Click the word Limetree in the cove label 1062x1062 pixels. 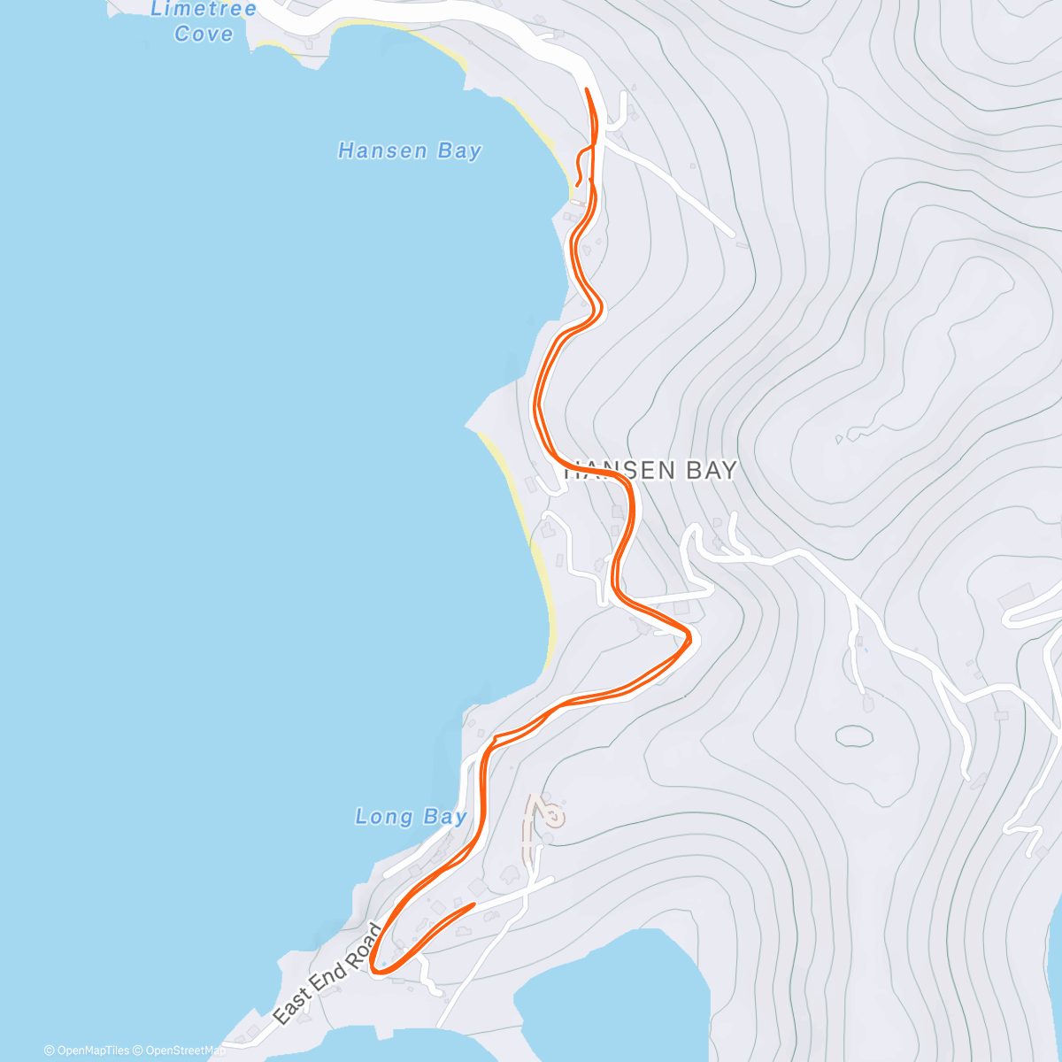click(204, 10)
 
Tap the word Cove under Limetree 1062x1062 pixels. click(204, 35)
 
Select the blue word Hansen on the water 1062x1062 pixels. click(382, 151)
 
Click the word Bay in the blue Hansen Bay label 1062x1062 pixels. click(459, 151)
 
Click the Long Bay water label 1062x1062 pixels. click(411, 816)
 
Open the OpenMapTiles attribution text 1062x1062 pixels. click(87, 1050)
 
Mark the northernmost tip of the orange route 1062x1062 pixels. click(587, 89)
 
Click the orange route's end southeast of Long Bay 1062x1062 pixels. click(474, 904)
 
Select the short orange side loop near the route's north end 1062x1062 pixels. click(580, 164)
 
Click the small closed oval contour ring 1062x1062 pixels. click(854, 735)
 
